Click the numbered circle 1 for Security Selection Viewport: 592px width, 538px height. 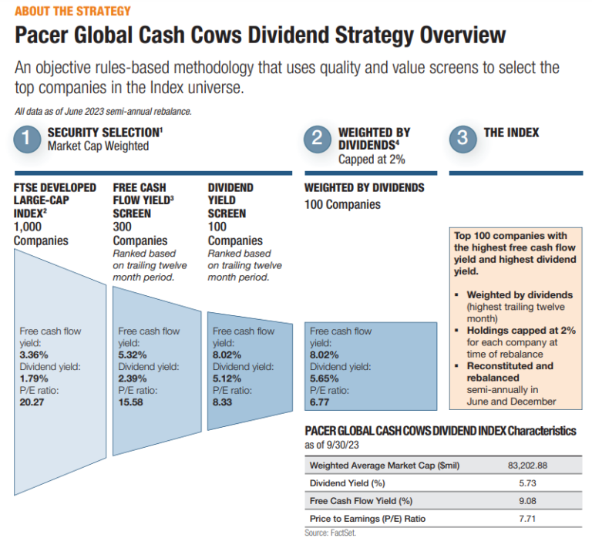point(27,140)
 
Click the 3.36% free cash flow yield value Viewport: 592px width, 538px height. point(34,355)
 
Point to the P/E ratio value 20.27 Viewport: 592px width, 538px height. point(31,401)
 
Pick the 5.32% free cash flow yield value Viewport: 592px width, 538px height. point(133,355)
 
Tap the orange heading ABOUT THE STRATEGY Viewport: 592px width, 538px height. point(72,12)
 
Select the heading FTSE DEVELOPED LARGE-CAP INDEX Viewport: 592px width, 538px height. point(55,200)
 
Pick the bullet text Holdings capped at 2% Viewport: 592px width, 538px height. point(521,330)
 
